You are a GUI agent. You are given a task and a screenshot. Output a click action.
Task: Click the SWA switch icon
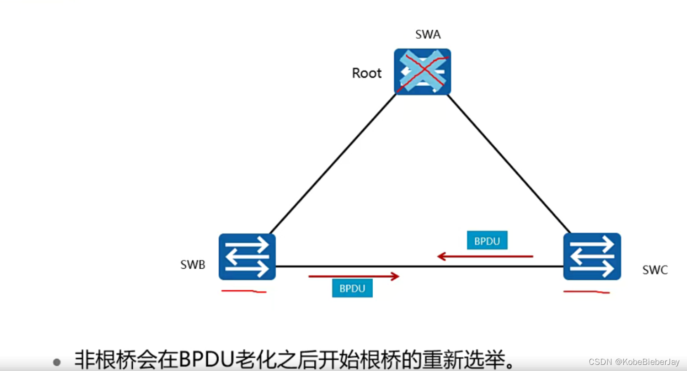(x=422, y=71)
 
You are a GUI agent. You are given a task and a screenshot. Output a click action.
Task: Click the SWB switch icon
(x=247, y=256)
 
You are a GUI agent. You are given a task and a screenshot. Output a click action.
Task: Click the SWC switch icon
(x=592, y=256)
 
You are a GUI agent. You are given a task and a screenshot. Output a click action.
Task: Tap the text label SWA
(x=428, y=35)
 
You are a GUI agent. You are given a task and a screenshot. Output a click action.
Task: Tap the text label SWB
(x=193, y=265)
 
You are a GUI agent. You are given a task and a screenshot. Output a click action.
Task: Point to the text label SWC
(x=655, y=270)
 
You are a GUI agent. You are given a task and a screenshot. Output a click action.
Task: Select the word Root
(x=367, y=73)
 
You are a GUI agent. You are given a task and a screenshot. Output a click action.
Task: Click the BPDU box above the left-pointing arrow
(x=487, y=241)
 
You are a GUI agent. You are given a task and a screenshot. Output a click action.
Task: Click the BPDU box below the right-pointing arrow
(x=352, y=288)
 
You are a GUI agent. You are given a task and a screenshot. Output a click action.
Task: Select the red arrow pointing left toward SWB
(x=485, y=256)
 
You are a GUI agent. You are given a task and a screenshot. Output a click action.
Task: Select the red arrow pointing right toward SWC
(x=354, y=276)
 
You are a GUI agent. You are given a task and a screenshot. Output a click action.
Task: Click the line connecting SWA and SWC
(x=510, y=163)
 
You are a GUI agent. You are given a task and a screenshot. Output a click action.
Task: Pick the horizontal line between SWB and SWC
(x=421, y=266)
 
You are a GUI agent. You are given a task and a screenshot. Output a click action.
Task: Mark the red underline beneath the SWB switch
(x=244, y=291)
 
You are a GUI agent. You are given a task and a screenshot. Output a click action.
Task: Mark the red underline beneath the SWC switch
(x=586, y=292)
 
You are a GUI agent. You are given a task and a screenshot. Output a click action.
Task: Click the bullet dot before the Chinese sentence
(x=57, y=362)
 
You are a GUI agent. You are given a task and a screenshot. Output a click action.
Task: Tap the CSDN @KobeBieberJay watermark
(x=634, y=362)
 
